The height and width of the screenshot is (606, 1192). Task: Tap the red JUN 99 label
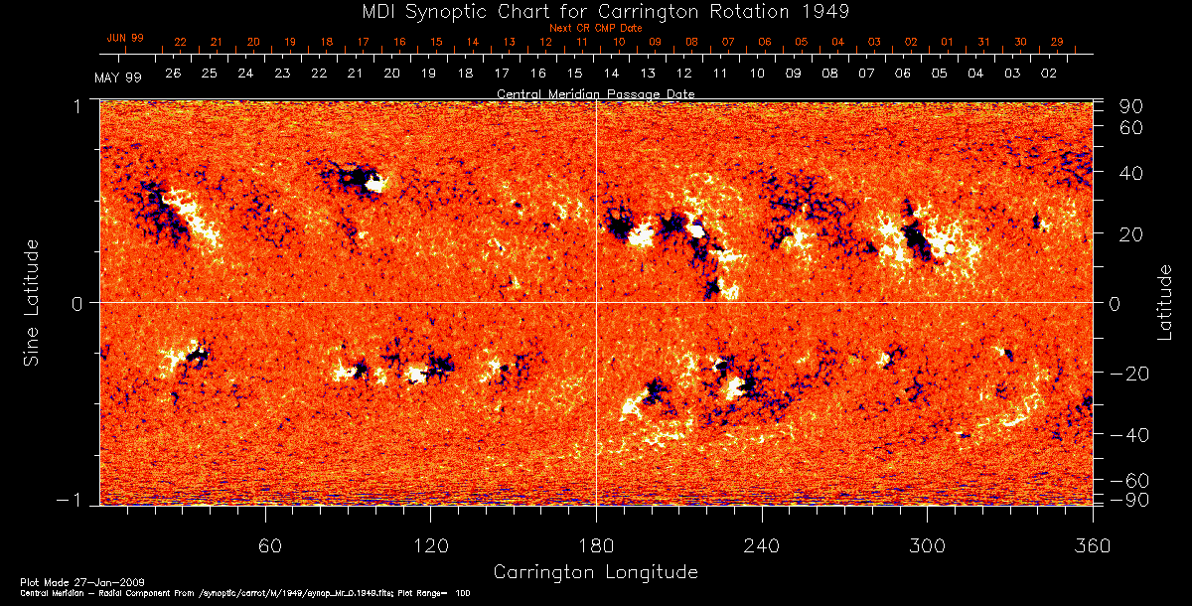pyautogui.click(x=125, y=38)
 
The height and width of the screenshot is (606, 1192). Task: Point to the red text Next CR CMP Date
pyautogui.click(x=596, y=28)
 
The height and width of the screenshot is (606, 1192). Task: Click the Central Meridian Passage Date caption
pyautogui.click(x=595, y=94)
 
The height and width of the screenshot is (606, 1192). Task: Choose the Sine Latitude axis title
pyautogui.click(x=32, y=302)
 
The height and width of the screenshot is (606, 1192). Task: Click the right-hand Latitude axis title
pyautogui.click(x=1164, y=302)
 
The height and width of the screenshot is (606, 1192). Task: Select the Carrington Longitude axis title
pyautogui.click(x=595, y=572)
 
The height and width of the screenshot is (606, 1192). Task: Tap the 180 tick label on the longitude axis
pyautogui.click(x=596, y=545)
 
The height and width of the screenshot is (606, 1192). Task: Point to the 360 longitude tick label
pyautogui.click(x=1092, y=545)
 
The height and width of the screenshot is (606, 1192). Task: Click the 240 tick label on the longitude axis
pyautogui.click(x=761, y=545)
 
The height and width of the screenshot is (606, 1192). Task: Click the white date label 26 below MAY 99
pyautogui.click(x=173, y=74)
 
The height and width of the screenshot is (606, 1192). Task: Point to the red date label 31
pyautogui.click(x=984, y=42)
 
